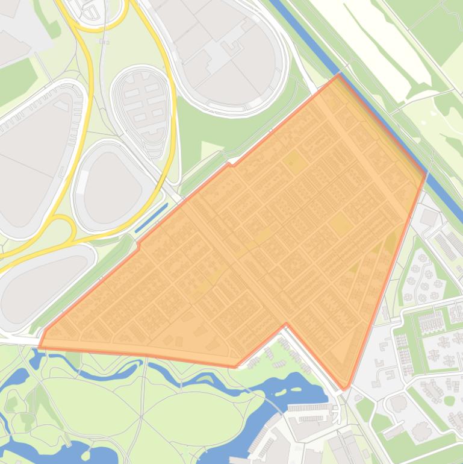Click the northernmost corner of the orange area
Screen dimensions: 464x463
(338, 75)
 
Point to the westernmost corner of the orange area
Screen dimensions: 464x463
(40, 346)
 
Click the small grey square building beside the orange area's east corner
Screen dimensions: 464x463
(429, 218)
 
